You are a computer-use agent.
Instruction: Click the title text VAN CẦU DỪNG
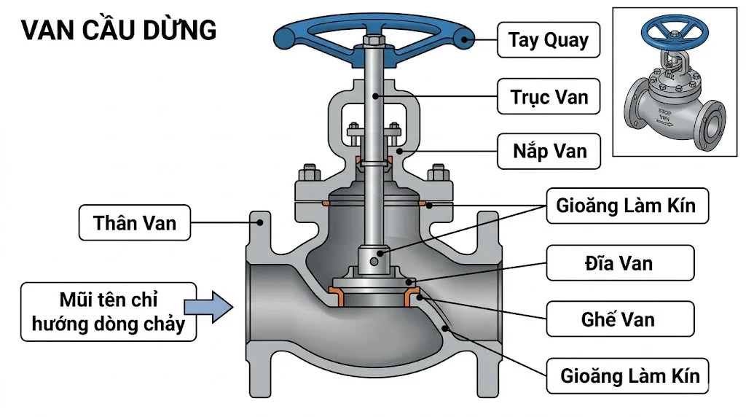[119, 31]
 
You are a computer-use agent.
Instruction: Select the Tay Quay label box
[548, 39]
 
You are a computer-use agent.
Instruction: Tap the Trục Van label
[548, 96]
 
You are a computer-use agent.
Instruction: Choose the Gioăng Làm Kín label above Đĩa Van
[625, 206]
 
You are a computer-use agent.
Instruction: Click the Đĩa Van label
[619, 262]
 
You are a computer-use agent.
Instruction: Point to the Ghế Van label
[619, 319]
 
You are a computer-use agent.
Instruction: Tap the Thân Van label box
[135, 222]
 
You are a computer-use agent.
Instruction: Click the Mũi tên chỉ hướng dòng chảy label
[109, 311]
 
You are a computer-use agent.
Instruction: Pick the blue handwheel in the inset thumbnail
[669, 30]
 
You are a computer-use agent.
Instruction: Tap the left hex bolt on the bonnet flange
[309, 175]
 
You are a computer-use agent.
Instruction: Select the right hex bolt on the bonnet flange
[437, 175]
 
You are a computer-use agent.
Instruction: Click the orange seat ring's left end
[337, 295]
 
